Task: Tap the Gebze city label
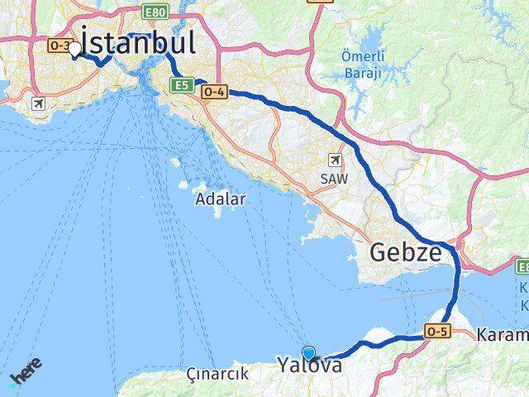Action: (x=406, y=252)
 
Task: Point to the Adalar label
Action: (x=220, y=199)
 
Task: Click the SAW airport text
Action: (x=334, y=177)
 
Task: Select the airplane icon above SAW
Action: (x=334, y=160)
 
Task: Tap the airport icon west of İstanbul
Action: (x=36, y=104)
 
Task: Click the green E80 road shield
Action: (x=154, y=12)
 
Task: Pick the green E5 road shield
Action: (x=182, y=84)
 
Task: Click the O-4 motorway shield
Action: (x=213, y=93)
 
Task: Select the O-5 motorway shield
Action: (x=437, y=331)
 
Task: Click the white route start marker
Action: (x=75, y=49)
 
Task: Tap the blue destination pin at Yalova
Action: (x=309, y=352)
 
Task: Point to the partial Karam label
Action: (x=503, y=335)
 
